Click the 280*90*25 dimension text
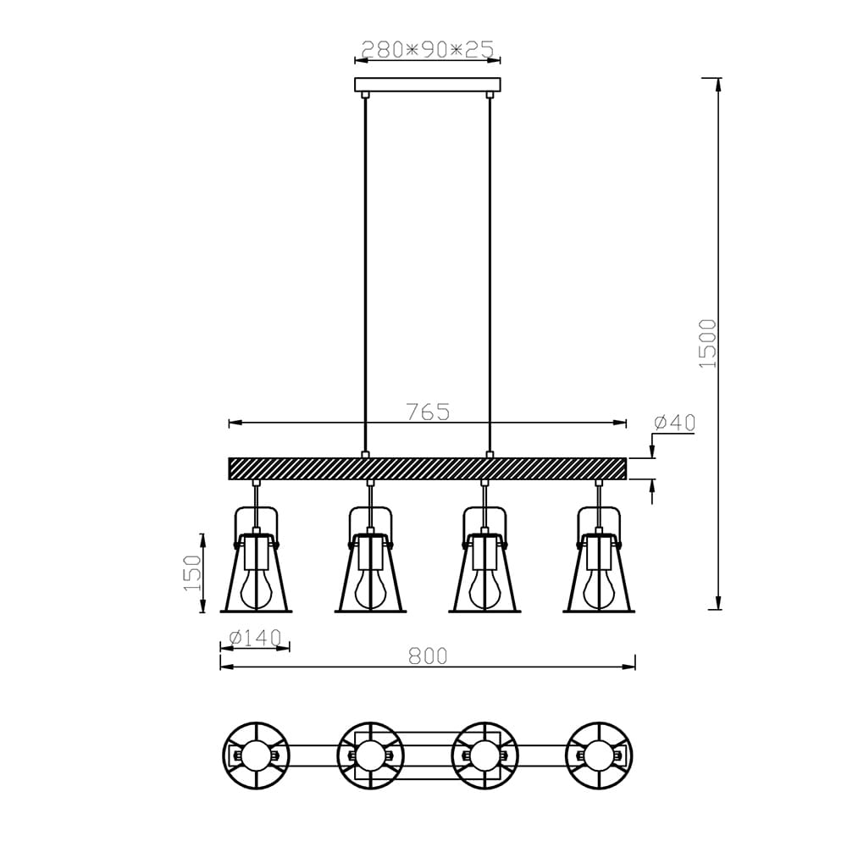(427, 49)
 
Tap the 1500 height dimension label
(707, 344)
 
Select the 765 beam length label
(428, 412)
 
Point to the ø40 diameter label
(674, 423)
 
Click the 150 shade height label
(191, 573)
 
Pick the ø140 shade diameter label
(256, 638)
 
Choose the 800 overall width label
(428, 656)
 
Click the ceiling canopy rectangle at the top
(427, 85)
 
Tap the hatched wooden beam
(427, 468)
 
